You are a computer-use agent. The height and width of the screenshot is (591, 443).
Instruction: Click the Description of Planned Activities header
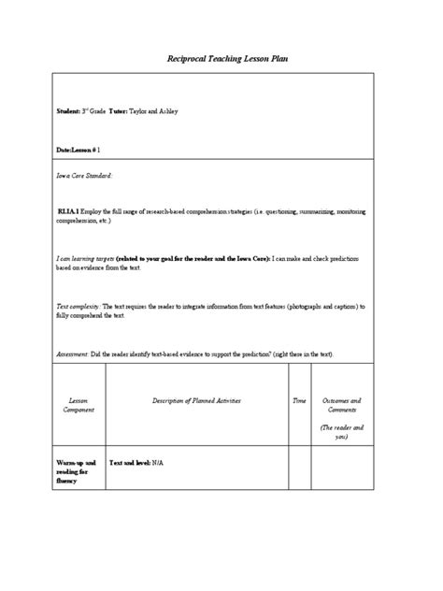click(196, 400)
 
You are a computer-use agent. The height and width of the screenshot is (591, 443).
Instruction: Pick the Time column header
click(299, 400)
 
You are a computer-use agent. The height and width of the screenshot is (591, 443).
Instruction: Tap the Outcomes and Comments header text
click(341, 405)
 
